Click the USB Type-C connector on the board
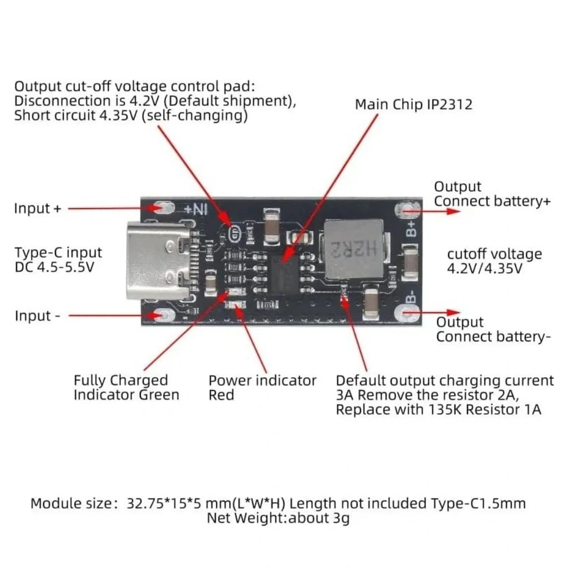pyautogui.click(x=159, y=261)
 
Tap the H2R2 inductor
pyautogui.click(x=353, y=248)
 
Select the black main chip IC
pyautogui.click(x=285, y=273)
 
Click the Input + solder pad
pyautogui.click(x=164, y=208)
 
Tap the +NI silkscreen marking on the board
pyautogui.click(x=196, y=209)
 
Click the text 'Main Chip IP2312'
pyautogui.click(x=414, y=105)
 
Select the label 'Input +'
pyautogui.click(x=38, y=209)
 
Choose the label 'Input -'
pyautogui.click(x=37, y=316)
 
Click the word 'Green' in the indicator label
pyautogui.click(x=159, y=395)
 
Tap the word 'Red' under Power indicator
pyautogui.click(x=221, y=395)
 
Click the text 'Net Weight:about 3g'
pyautogui.click(x=278, y=519)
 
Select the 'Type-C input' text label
pyautogui.click(x=58, y=252)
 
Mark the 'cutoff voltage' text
pyautogui.click(x=495, y=254)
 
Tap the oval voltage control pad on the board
pyautogui.click(x=235, y=233)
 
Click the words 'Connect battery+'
pyautogui.click(x=493, y=201)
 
